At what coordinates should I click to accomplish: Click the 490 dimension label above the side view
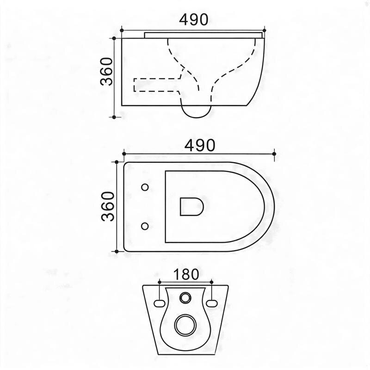click(x=193, y=19)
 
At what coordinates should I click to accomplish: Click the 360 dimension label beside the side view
click(x=106, y=72)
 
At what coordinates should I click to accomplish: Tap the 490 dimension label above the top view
click(x=200, y=145)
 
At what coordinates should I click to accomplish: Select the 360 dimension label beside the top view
click(x=108, y=206)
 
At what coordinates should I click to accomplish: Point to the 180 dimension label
click(x=186, y=274)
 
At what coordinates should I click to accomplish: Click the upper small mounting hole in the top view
click(x=145, y=187)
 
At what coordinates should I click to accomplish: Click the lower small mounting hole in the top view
click(x=145, y=226)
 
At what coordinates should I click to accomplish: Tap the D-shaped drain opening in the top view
click(x=191, y=207)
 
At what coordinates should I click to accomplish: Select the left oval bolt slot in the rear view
click(x=159, y=303)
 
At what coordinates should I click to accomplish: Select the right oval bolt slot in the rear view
click(x=212, y=303)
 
